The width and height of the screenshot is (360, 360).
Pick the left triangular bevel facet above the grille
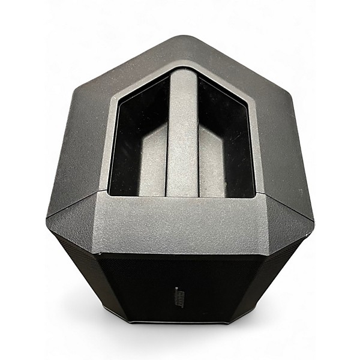tap(75, 216)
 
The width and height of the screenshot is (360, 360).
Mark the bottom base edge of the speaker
tap(180, 321)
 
